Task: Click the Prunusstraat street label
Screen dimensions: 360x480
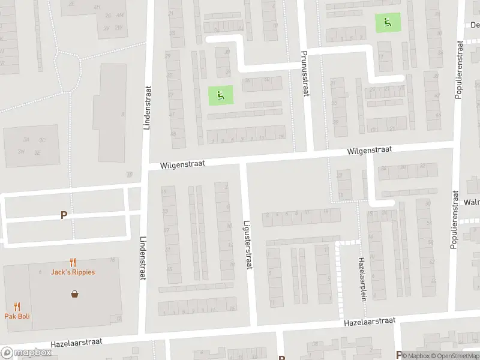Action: click(x=304, y=74)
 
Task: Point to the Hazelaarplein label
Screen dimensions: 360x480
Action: click(x=362, y=279)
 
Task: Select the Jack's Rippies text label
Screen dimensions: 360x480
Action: click(x=73, y=272)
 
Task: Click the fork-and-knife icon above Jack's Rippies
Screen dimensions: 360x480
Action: click(x=73, y=262)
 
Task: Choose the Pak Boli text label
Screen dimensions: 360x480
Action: click(x=17, y=316)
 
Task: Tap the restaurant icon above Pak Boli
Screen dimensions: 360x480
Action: click(x=17, y=307)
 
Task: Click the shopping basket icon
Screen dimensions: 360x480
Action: click(x=75, y=294)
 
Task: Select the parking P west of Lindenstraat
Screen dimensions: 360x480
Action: click(x=64, y=215)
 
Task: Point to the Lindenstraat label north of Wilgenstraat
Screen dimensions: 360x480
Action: click(x=146, y=108)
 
